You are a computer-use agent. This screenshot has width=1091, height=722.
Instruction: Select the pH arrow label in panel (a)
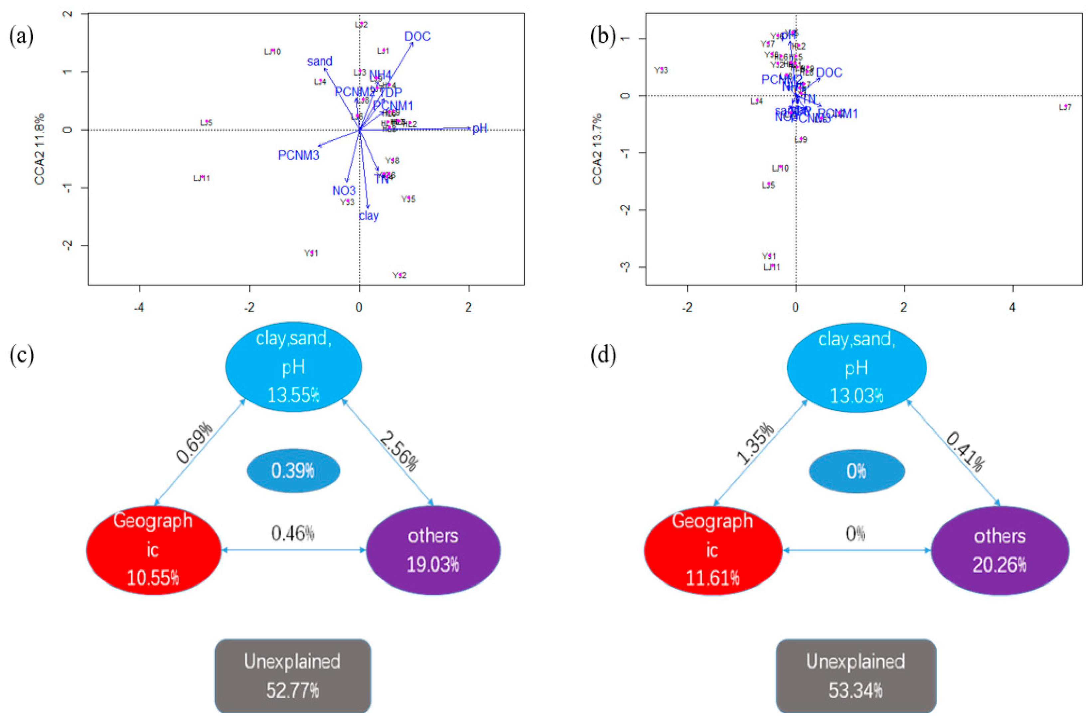coord(479,128)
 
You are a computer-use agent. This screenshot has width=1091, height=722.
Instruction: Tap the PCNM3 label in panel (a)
coord(298,155)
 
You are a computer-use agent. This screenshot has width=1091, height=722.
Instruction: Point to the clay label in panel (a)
coord(369,216)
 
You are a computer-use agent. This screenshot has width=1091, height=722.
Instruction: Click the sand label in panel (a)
coord(320,61)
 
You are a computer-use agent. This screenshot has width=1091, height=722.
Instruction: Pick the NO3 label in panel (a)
coord(344,191)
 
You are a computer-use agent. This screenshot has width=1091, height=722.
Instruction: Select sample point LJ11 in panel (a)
coord(202,178)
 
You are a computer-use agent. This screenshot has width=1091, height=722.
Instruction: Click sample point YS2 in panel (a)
coord(399,275)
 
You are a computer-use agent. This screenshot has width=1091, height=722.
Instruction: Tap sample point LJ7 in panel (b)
coord(1065,107)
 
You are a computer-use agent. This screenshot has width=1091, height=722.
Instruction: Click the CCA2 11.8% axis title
coord(40,149)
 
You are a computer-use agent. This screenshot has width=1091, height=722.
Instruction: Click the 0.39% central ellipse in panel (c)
coord(293,471)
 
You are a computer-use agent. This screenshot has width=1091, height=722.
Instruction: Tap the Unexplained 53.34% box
coord(856,675)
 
